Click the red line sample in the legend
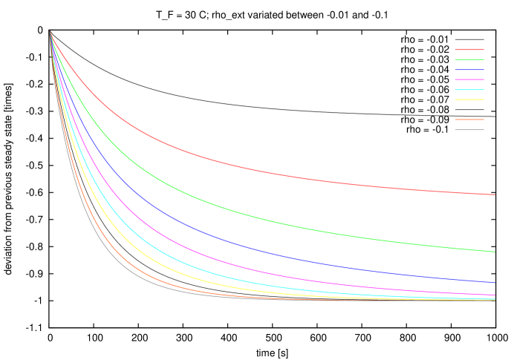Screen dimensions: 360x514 click(x=469, y=50)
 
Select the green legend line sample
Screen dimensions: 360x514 click(x=469, y=59)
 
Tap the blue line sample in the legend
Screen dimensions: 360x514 click(x=469, y=70)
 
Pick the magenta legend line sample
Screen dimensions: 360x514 click(x=469, y=79)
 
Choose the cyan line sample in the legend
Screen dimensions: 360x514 click(x=469, y=90)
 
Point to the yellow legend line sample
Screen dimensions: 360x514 click(x=469, y=99)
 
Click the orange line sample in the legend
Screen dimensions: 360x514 click(x=469, y=120)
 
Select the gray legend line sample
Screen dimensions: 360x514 click(x=469, y=130)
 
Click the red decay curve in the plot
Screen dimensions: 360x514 click(x=223, y=163)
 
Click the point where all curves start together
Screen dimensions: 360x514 click(x=50, y=32)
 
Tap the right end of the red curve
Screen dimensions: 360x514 click(x=495, y=194)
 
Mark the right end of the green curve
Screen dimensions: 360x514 click(x=495, y=252)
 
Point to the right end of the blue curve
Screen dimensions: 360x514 click(x=495, y=282)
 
